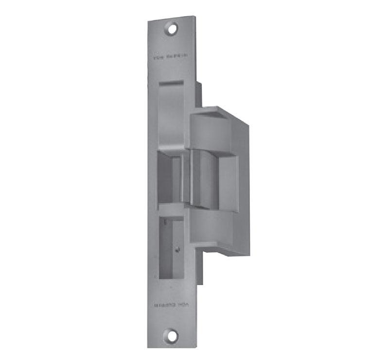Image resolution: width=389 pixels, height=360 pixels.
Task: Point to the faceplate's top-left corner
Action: click(148, 17)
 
